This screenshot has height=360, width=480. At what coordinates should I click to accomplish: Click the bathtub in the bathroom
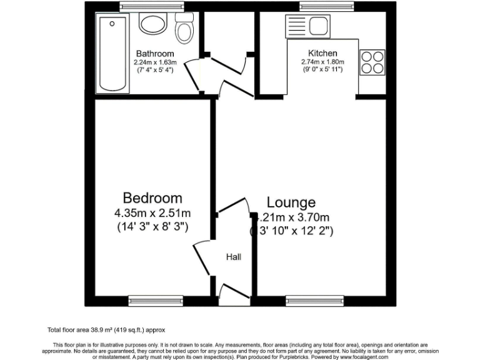[x=112, y=54]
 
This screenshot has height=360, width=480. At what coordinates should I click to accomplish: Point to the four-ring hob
[x=371, y=62]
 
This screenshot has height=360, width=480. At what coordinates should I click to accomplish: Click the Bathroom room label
[x=155, y=54]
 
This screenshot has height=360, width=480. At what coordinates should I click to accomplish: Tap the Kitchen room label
[x=322, y=53]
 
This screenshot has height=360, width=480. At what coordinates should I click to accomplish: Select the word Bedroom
[x=152, y=198]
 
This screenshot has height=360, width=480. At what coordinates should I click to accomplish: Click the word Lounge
[x=291, y=202]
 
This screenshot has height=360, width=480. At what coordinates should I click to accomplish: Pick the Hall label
[x=233, y=257]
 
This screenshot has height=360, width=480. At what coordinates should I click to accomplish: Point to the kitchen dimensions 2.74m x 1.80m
[x=322, y=62]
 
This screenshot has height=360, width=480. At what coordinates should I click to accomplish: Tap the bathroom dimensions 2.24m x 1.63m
[x=155, y=62]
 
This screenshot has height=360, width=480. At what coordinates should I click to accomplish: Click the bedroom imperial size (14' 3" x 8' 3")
[x=152, y=227]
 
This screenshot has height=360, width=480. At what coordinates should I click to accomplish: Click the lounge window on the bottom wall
[x=314, y=301]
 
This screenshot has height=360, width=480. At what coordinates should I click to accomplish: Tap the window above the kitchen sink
[x=322, y=6]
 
